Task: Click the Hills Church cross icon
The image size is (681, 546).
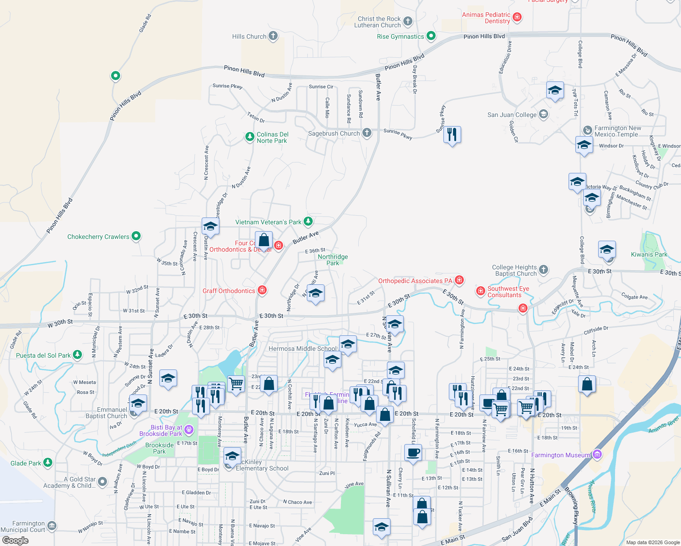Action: coord(273,36)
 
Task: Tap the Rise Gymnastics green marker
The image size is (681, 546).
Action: coord(431,36)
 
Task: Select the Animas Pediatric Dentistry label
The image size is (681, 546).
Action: coord(486,18)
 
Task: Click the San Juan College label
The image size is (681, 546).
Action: coord(512,115)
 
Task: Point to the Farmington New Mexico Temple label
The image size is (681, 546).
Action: coord(617,131)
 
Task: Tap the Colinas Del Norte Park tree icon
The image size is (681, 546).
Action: coord(249,136)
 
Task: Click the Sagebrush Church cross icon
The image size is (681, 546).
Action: coord(367,133)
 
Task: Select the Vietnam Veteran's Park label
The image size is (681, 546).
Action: coord(268,222)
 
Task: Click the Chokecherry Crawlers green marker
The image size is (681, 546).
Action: coord(136,236)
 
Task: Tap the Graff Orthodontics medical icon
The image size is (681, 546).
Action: coord(262,290)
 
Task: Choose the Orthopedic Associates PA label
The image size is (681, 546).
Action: coord(415,281)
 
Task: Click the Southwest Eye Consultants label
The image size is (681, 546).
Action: coord(508,292)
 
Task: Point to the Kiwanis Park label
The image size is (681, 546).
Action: coord(649,254)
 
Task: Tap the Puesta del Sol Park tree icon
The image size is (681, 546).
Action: coord(77,354)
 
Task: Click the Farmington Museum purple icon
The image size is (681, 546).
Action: coord(597,455)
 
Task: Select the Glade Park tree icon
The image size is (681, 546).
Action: coord(48,463)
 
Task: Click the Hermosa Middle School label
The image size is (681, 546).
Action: coord(302,349)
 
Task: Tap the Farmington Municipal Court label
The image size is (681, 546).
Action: coord(23,526)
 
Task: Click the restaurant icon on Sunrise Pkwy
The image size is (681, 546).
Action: coord(452,135)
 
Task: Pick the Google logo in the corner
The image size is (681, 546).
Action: coord(15,541)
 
